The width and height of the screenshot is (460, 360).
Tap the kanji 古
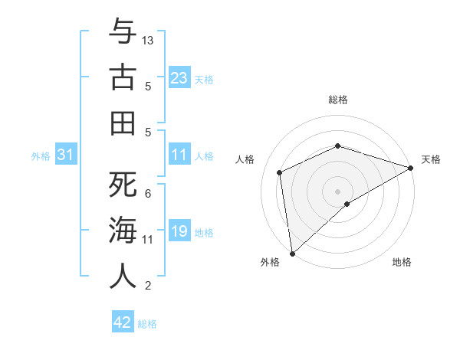pos(123,77)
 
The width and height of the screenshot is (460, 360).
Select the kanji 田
pos(123,123)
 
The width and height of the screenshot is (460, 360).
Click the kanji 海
pos(123,231)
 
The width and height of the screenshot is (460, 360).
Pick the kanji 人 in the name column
pos(123,277)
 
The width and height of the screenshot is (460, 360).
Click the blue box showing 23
pos(179,78)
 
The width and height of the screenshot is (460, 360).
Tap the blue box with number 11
pos(179,155)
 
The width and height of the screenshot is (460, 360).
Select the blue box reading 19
pos(179,232)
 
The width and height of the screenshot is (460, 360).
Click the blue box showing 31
pos(66,155)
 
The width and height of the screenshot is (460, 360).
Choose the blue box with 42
pos(123,322)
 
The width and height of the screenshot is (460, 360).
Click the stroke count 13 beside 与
pos(148,40)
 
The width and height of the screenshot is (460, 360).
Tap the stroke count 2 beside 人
pos(147,286)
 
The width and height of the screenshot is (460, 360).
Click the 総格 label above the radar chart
pos(338,100)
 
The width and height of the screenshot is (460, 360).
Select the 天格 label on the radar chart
pos(432,159)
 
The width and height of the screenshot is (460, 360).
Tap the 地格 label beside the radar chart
pos(402,262)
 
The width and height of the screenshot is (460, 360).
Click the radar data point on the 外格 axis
pos(292,253)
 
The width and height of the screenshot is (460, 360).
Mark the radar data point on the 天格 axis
pos(411,167)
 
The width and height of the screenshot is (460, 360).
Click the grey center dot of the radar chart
pos(338,190)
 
